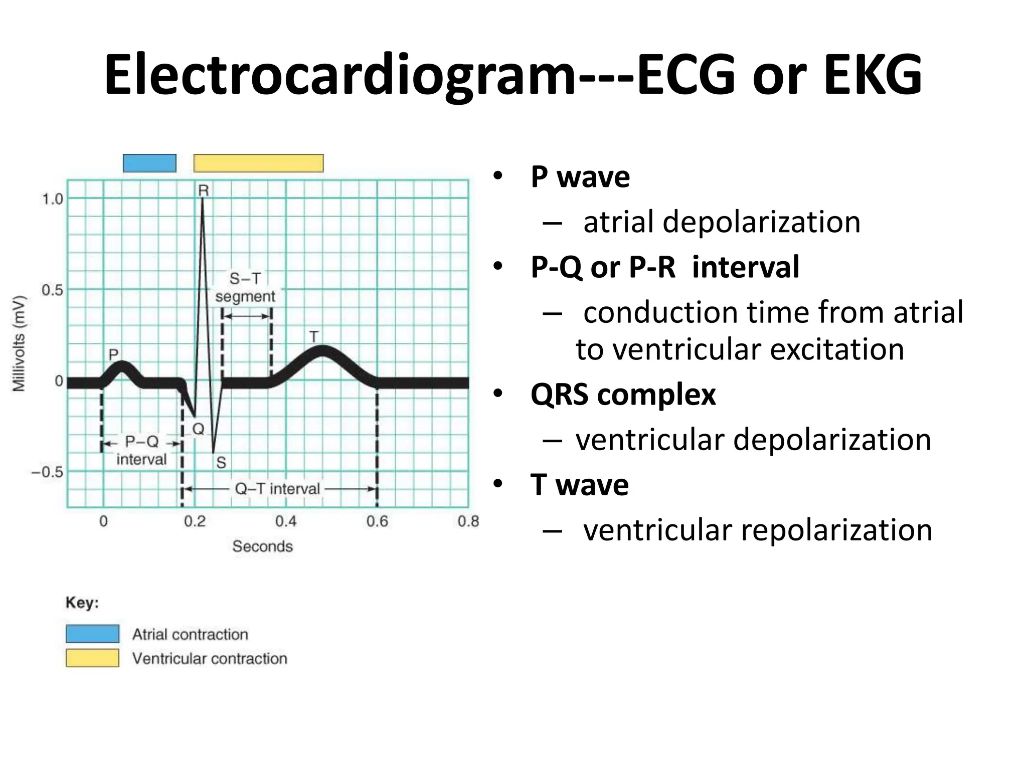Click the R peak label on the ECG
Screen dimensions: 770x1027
click(203, 190)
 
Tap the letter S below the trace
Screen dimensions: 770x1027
click(221, 463)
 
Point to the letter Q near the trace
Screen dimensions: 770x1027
click(199, 429)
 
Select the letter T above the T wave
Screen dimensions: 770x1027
click(314, 337)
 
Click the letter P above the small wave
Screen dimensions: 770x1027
click(114, 354)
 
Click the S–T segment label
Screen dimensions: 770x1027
click(245, 287)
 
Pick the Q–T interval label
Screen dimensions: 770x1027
click(277, 489)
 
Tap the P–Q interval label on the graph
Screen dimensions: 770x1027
click(141, 450)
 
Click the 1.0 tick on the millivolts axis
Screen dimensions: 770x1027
click(52, 199)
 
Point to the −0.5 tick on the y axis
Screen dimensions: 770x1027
click(48, 472)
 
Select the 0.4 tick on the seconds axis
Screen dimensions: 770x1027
click(286, 522)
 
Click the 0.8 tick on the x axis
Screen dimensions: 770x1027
click(468, 522)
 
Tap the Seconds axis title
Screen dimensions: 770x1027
click(262, 546)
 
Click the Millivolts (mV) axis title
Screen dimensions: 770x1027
click(19, 343)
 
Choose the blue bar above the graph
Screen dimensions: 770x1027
click(149, 163)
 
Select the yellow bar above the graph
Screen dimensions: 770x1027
click(258, 163)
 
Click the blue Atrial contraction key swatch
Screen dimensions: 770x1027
click(92, 634)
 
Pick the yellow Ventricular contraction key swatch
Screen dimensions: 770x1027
click(92, 658)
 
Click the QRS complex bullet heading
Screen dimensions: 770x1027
click(623, 395)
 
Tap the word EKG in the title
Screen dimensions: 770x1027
click(872, 75)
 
